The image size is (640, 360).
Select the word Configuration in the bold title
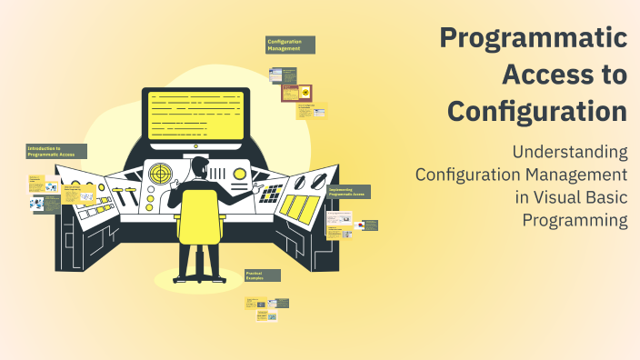click(537, 112)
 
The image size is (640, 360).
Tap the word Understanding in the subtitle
click(570, 151)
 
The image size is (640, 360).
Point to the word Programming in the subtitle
click(575, 219)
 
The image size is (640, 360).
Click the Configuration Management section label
click(290, 45)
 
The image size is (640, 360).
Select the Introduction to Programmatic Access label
click(56, 151)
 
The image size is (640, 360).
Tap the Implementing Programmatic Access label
click(348, 192)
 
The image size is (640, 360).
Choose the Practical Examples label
click(263, 275)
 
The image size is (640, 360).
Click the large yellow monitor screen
click(195, 114)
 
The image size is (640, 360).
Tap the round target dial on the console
click(161, 172)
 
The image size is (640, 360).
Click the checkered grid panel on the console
click(270, 193)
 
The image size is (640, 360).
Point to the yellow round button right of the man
click(240, 173)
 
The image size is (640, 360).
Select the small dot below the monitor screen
click(195, 145)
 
